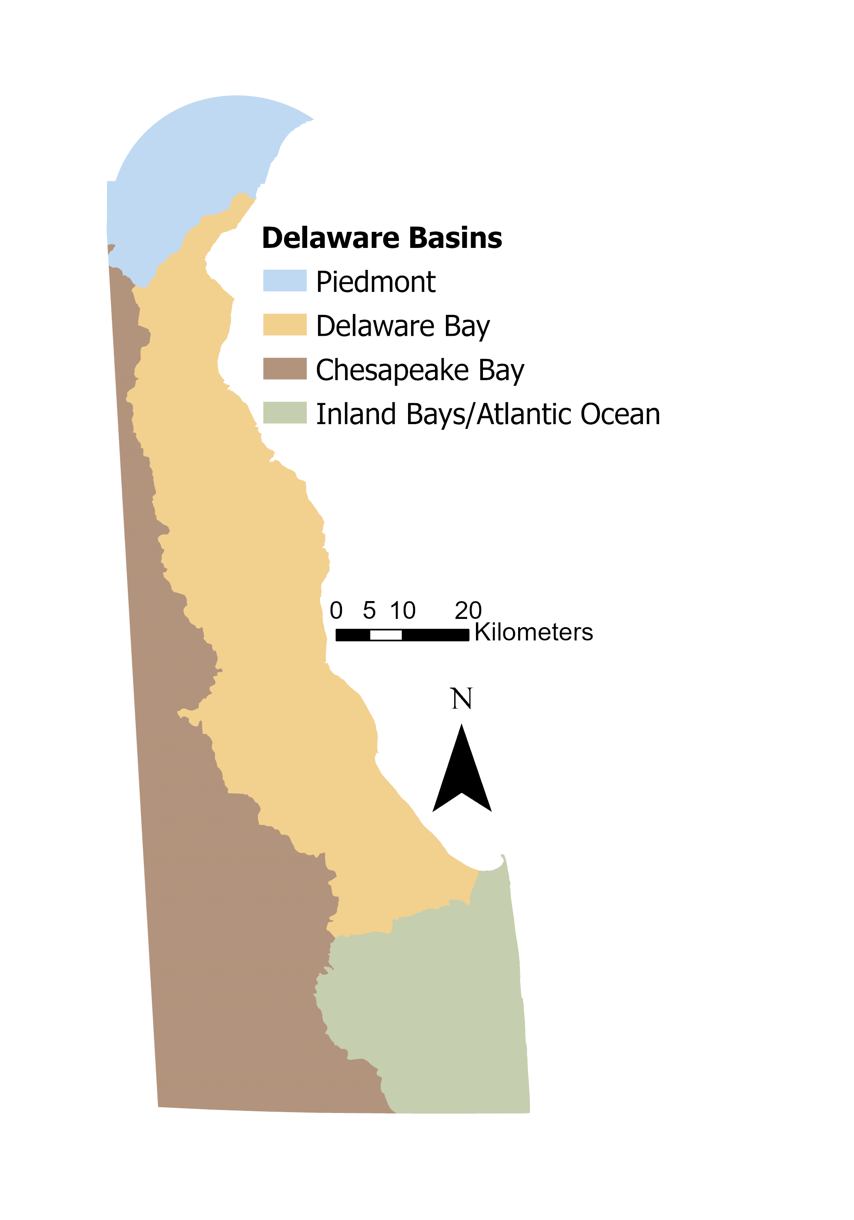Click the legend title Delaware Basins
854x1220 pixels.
click(x=382, y=237)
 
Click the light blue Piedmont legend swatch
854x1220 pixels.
click(x=285, y=281)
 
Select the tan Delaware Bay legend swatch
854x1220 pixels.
click(x=285, y=324)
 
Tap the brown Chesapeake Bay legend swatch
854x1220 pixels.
click(x=285, y=369)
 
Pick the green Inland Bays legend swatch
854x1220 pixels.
click(x=285, y=413)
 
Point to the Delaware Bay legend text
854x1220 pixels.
click(x=402, y=326)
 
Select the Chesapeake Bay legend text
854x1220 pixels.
click(x=420, y=371)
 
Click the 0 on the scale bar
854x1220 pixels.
click(x=336, y=611)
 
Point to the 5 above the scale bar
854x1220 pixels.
click(x=369, y=611)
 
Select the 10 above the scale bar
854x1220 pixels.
click(x=402, y=611)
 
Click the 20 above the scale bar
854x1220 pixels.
click(x=468, y=611)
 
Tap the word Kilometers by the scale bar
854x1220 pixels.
click(x=533, y=632)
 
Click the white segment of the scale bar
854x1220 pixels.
click(x=386, y=635)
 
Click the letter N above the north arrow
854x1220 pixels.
click(x=461, y=699)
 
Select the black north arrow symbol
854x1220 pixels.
click(x=462, y=776)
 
